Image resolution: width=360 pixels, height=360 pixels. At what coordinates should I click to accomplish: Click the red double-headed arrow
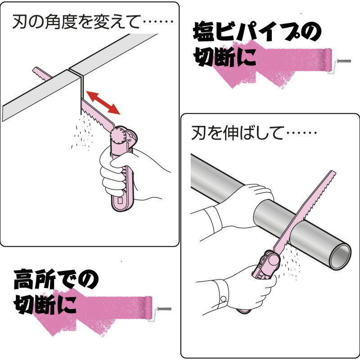103,102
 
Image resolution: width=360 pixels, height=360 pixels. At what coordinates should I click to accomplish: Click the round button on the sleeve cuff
224,298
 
